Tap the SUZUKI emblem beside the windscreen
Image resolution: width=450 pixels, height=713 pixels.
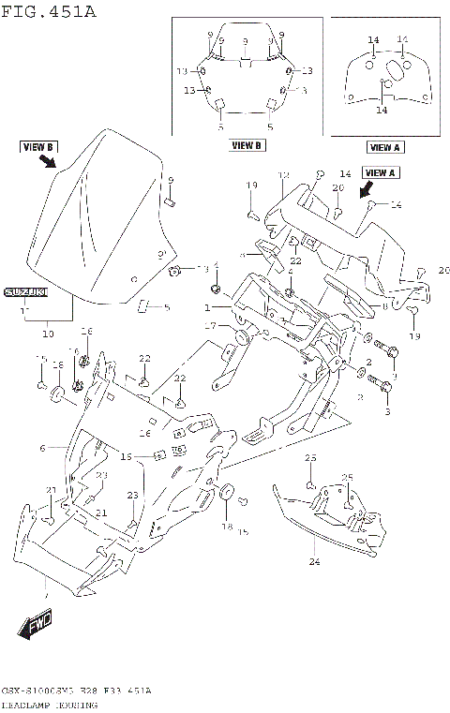pos(25,292)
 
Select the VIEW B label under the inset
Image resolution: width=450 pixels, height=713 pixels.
pos(247,145)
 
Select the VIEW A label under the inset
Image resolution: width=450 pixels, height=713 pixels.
pos(384,147)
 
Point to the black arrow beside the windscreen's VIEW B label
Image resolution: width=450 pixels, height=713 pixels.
pos(46,161)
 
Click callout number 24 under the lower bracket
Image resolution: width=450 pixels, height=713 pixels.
pos(314,562)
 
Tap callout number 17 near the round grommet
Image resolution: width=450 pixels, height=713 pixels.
pos(211,326)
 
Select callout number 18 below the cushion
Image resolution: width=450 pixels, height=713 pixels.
pos(225,527)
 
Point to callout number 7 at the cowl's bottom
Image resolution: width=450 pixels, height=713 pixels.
pos(44,595)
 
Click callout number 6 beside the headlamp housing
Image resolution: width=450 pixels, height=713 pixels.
pos(42,449)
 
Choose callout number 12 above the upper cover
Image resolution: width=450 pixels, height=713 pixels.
pos(283,176)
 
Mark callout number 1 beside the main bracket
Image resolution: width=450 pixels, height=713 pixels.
pos(208,306)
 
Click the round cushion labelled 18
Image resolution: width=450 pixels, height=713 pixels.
pos(225,494)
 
